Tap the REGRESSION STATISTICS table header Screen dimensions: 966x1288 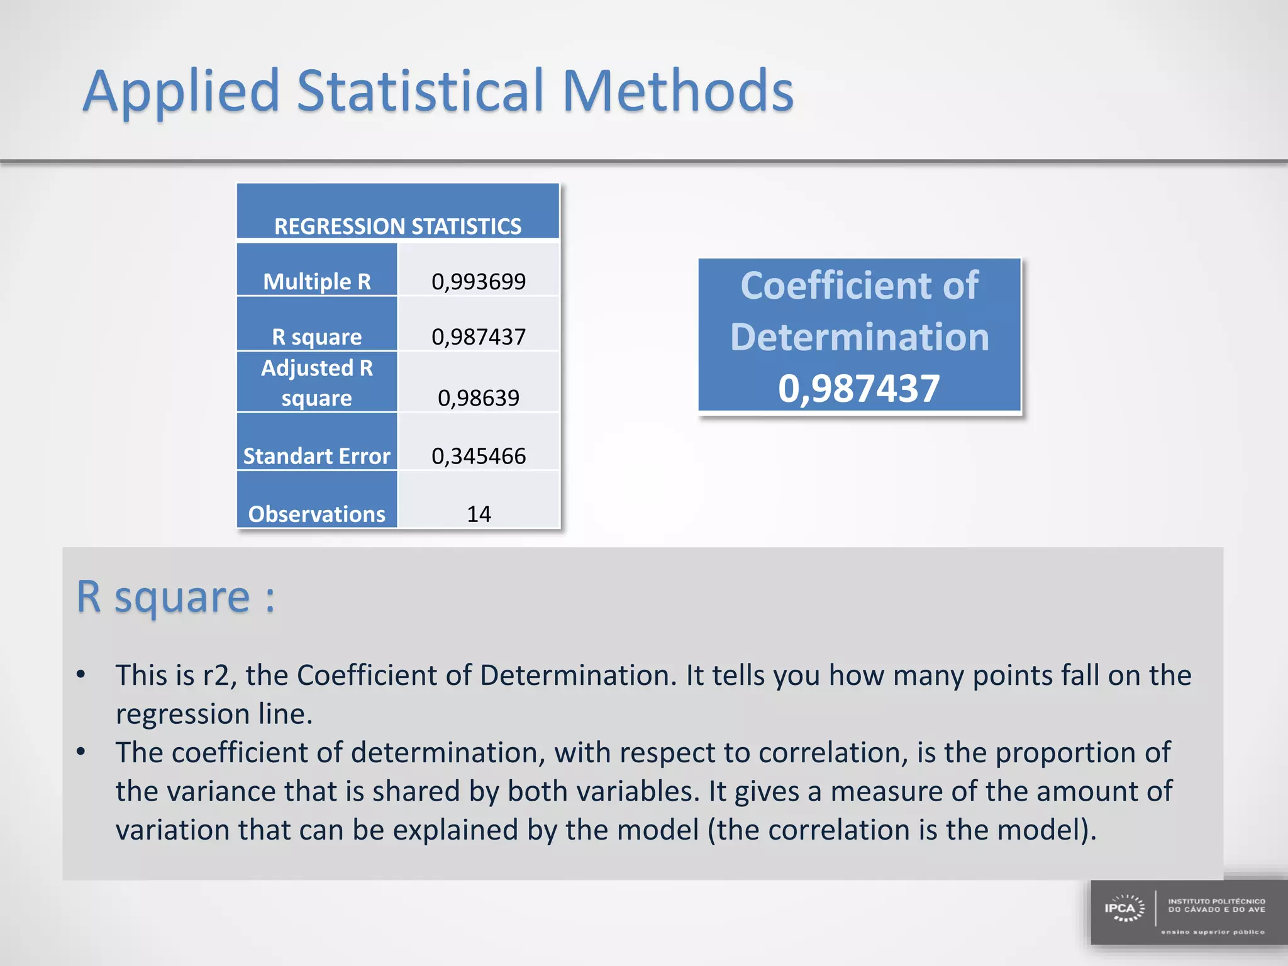(x=397, y=226)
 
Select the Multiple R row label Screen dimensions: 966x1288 (x=316, y=281)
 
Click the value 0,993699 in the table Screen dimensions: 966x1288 (x=478, y=281)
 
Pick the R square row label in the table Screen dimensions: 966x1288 (x=316, y=336)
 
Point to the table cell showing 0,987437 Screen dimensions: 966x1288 (x=478, y=336)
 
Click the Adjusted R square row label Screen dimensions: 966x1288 (x=316, y=382)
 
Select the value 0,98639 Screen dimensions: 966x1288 (x=478, y=397)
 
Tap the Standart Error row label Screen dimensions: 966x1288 (x=316, y=455)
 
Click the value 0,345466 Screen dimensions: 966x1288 (x=478, y=455)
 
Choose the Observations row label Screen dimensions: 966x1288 (x=316, y=514)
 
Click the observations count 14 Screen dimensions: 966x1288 (x=478, y=514)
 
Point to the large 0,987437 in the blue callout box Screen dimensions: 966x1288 (x=858, y=387)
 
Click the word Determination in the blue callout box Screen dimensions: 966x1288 (x=859, y=336)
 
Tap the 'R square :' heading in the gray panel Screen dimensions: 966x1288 (x=175, y=596)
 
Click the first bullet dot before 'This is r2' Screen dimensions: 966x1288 (x=80, y=675)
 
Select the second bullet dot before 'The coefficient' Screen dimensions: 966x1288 (x=80, y=752)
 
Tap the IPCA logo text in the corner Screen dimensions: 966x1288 (x=1119, y=908)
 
